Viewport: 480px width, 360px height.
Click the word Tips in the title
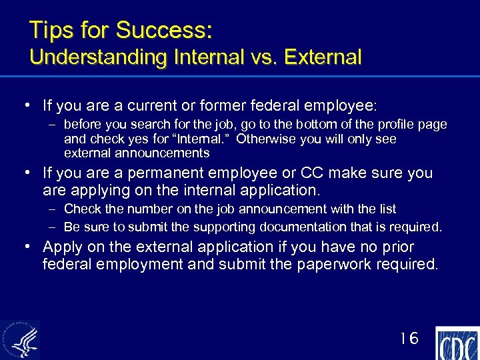tap(49, 30)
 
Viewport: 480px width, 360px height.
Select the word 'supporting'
tap(237, 227)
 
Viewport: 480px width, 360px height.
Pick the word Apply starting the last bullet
tap(63, 247)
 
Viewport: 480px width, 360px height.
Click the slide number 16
tap(409, 339)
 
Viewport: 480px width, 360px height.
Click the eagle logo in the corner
tap(20, 340)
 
